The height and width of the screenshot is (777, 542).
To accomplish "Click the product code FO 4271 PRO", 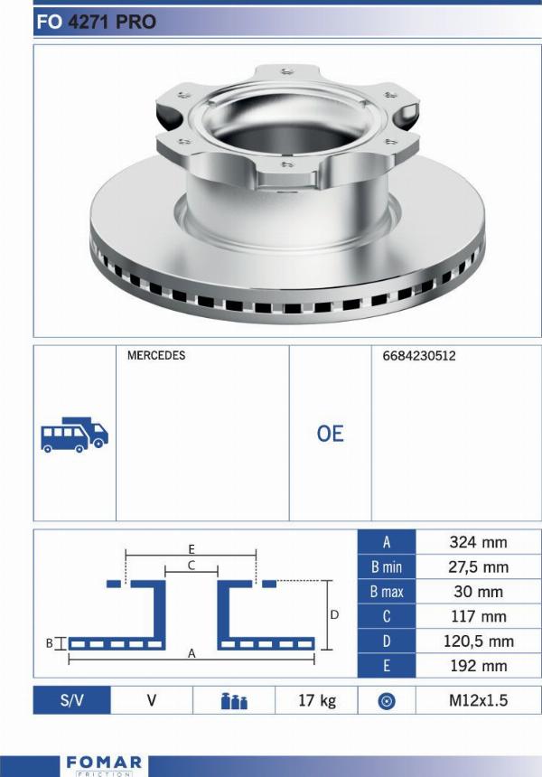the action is pyautogui.click(x=96, y=22).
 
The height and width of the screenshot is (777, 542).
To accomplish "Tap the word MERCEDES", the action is pyautogui.click(x=156, y=355).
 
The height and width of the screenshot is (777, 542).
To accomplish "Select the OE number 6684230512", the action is pyautogui.click(x=418, y=356).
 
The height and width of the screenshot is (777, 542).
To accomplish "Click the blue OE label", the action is pyautogui.click(x=330, y=434).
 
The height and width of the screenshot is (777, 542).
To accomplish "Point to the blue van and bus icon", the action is pyautogui.click(x=74, y=435).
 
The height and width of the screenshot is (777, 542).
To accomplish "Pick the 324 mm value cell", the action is pyautogui.click(x=478, y=542).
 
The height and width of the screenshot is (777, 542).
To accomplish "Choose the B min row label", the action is pyautogui.click(x=387, y=566).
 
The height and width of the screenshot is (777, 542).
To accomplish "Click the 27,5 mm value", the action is pyautogui.click(x=478, y=566).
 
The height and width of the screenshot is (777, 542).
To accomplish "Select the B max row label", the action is pyautogui.click(x=387, y=592).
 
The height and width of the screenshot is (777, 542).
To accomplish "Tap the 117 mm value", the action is pyautogui.click(x=478, y=616).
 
